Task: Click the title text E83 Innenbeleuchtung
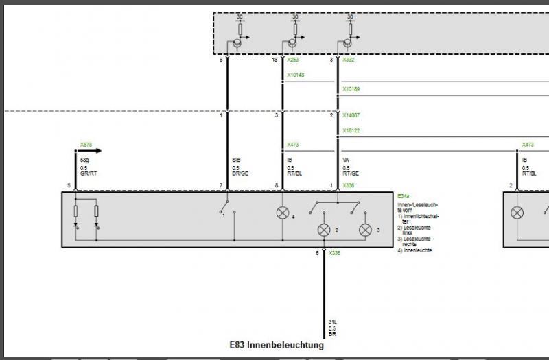[x=277, y=345]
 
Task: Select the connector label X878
[x=86, y=145]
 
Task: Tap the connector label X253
[x=293, y=60]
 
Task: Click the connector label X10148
[x=295, y=75]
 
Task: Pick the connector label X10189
[x=351, y=89]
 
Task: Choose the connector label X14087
[x=351, y=115]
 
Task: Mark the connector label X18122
[x=351, y=130]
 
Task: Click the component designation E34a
[x=404, y=195]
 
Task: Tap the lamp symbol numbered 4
[x=282, y=213]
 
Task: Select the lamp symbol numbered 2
[x=323, y=230]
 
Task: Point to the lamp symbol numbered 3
[x=365, y=230]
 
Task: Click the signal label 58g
[x=84, y=159]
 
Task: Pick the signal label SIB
[x=237, y=159]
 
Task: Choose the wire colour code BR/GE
[x=240, y=174]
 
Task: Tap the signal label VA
[x=346, y=159]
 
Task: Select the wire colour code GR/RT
[x=88, y=174]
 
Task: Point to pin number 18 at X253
[x=274, y=60]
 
